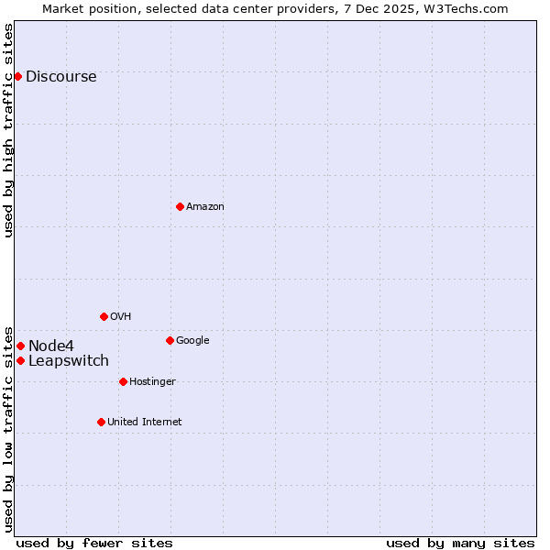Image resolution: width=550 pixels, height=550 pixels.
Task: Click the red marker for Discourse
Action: pyautogui.click(x=17, y=76)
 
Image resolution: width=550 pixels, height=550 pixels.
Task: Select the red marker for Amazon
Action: pyautogui.click(x=180, y=206)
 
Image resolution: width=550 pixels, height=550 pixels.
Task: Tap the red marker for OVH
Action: pyautogui.click(x=104, y=316)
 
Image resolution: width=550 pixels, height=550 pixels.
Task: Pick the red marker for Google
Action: pyautogui.click(x=170, y=340)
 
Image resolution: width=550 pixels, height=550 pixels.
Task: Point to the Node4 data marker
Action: pyautogui.click(x=20, y=346)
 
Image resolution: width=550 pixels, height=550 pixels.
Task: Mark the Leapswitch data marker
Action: pyautogui.click(x=20, y=360)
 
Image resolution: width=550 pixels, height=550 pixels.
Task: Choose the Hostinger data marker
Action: pyautogui.click(x=123, y=381)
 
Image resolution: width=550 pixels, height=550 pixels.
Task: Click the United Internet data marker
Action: pyautogui.click(x=101, y=422)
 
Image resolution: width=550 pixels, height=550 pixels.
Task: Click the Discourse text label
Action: pyautogui.click(x=60, y=77)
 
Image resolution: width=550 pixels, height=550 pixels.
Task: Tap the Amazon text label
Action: pyautogui.click(x=205, y=207)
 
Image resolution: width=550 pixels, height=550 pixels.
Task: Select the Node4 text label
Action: pyautogui.click(x=51, y=346)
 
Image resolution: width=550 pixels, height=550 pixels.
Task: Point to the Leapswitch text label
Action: pyautogui.click(x=69, y=361)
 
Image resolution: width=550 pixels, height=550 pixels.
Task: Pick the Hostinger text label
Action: pyautogui.click(x=152, y=382)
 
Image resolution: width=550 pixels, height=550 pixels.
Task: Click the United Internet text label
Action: pyautogui.click(x=145, y=423)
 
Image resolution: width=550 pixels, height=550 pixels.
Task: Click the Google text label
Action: pyautogui.click(x=192, y=341)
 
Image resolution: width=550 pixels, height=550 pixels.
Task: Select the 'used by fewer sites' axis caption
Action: pyautogui.click(x=94, y=543)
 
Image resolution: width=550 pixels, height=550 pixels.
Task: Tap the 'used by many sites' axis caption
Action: pyautogui.click(x=460, y=543)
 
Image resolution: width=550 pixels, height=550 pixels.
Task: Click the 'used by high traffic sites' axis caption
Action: pyautogui.click(x=8, y=130)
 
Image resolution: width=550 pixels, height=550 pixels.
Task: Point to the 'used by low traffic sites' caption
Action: pyautogui.click(x=8, y=429)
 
